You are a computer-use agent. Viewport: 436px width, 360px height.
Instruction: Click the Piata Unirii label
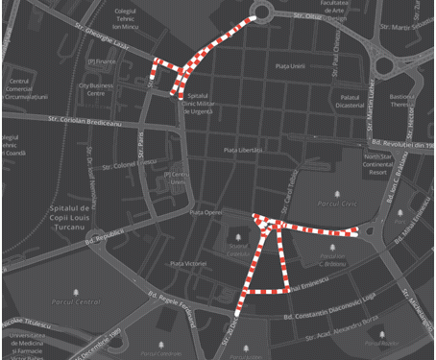[289, 65]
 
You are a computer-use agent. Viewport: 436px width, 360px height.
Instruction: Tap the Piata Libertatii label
[243, 151]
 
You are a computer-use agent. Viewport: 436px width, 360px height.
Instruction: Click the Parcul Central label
[74, 301]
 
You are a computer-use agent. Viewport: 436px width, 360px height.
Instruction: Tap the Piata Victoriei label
[187, 263]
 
